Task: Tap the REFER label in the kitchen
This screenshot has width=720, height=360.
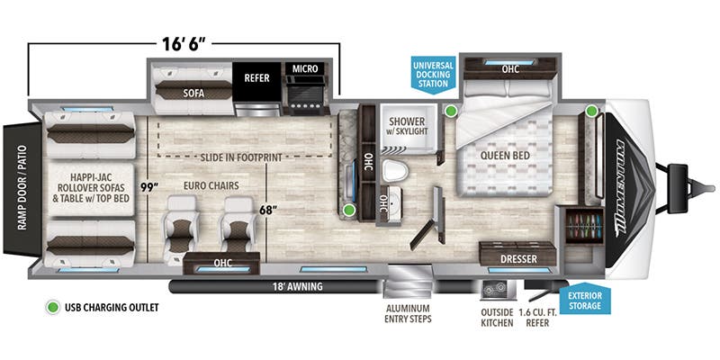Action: tap(257, 77)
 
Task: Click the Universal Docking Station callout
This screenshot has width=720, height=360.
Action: tap(428, 75)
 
